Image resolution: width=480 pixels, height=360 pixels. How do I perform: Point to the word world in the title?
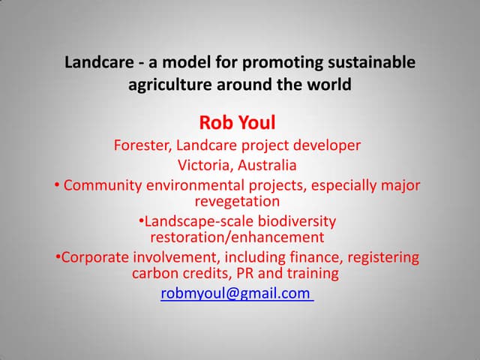coord(328,85)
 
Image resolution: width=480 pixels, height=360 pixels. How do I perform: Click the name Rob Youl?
coord(237,121)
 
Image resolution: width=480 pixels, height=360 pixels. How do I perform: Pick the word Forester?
coord(142,145)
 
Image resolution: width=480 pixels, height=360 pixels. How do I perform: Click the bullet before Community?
coord(58,185)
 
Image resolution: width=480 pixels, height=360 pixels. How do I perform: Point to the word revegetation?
coord(237,202)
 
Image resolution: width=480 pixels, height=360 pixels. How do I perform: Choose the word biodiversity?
coord(295,221)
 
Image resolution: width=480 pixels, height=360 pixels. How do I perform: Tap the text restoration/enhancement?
coord(237,238)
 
